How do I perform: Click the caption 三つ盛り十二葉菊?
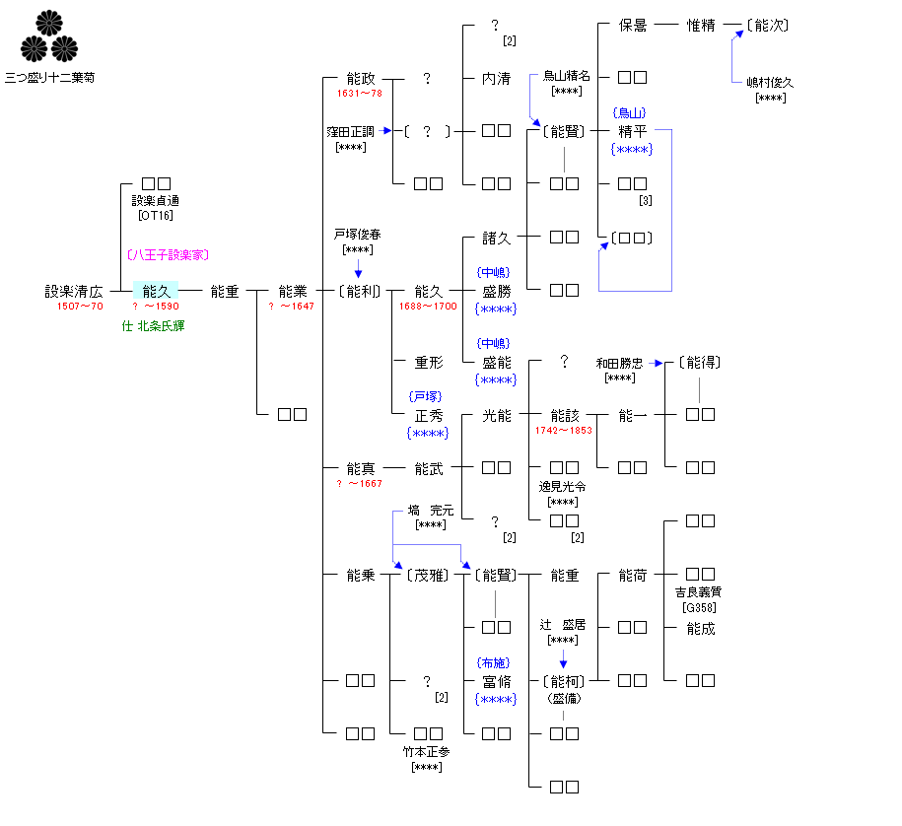49,76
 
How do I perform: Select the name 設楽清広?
73,291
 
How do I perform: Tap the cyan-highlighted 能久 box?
156,291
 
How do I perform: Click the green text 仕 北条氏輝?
153,325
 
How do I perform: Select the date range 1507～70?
80,307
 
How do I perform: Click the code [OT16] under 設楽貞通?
156,216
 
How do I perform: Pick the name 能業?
293,291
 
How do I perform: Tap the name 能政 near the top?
361,78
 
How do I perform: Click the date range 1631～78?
359,94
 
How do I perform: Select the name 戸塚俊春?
357,236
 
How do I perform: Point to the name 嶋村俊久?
770,83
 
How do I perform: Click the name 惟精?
701,25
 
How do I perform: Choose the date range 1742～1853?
564,431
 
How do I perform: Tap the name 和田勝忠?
619,363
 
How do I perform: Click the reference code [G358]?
699,607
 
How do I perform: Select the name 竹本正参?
426,751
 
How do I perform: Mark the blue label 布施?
496,663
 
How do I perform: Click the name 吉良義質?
699,592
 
